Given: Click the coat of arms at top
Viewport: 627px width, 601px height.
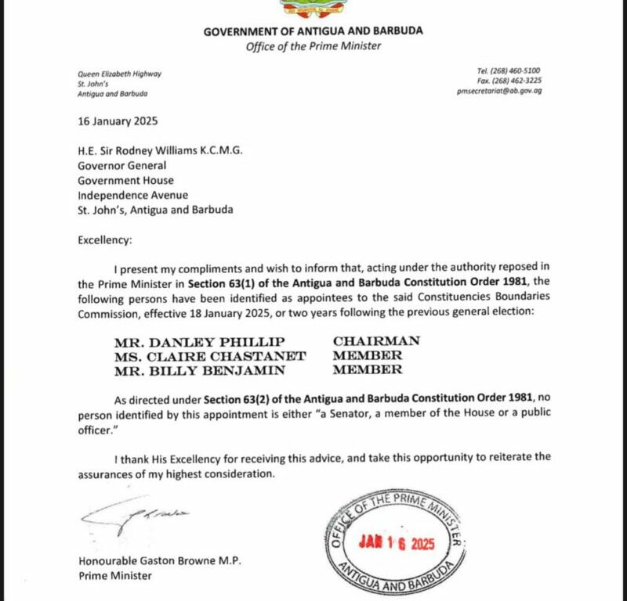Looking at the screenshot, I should click(x=313, y=8).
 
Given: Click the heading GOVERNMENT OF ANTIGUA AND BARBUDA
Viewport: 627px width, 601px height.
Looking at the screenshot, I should click(x=313, y=31).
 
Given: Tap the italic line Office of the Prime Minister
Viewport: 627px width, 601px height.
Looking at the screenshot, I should click(x=313, y=45).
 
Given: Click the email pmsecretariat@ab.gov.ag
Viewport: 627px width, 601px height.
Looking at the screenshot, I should click(x=499, y=91).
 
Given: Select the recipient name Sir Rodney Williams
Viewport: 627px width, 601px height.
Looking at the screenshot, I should click(x=156, y=151).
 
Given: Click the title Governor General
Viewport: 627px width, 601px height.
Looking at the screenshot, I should click(x=121, y=165).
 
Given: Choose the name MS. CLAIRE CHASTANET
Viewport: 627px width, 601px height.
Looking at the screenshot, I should click(x=198, y=355).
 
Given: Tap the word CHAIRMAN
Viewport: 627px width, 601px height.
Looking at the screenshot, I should click(x=376, y=341).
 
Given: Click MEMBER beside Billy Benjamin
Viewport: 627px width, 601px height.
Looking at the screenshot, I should click(x=368, y=369).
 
